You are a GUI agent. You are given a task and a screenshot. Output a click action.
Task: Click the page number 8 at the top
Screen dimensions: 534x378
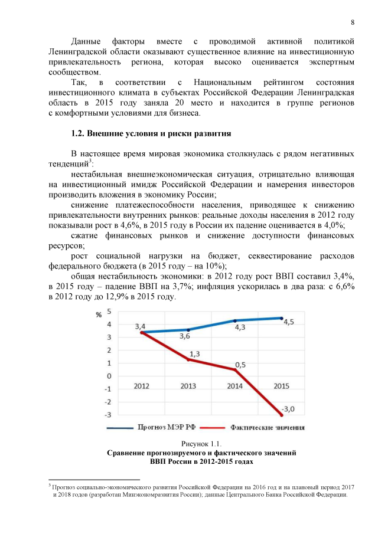point(352,22)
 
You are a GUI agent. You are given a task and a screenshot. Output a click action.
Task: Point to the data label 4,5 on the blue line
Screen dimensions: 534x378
point(289,322)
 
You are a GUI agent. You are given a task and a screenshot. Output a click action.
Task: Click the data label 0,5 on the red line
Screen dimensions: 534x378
point(240,365)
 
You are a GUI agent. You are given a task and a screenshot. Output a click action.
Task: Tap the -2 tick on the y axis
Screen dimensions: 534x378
point(108,402)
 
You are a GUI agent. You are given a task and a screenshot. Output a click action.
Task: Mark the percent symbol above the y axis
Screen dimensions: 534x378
point(99,314)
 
